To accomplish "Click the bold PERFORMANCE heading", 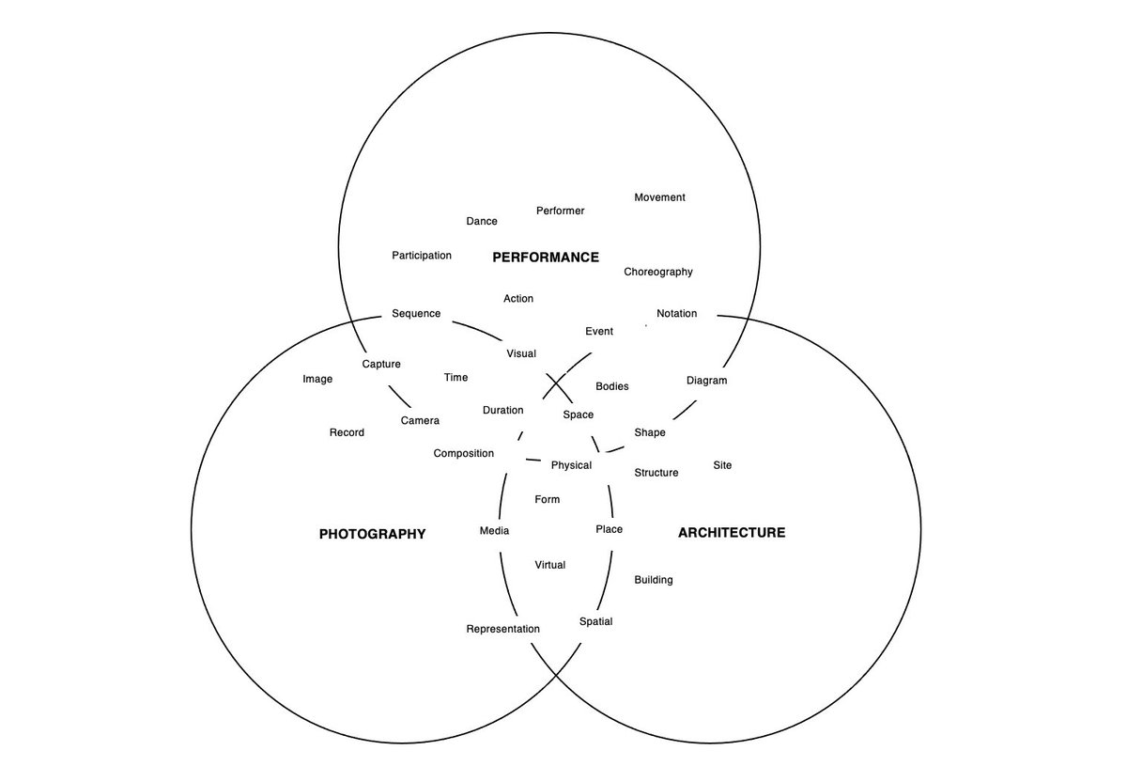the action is click(546, 258).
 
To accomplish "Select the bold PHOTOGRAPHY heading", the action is click(372, 534).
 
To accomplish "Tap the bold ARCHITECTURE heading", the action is click(732, 532).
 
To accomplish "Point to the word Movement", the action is click(659, 197).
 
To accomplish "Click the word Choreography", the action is click(658, 272).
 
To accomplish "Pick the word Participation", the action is click(422, 256).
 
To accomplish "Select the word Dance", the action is click(482, 221).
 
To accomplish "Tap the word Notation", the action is click(677, 313).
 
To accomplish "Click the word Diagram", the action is click(707, 381).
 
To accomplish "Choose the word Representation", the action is click(502, 629).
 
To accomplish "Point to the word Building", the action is click(654, 580).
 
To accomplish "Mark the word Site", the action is click(722, 465).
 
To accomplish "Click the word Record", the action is click(347, 432).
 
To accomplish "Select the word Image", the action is click(317, 379).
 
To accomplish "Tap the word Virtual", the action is click(550, 565).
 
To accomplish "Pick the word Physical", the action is click(571, 465).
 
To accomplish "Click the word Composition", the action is click(463, 453).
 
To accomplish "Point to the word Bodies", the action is click(611, 386).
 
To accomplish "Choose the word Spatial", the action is click(595, 621).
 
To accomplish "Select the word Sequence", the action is click(416, 314).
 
